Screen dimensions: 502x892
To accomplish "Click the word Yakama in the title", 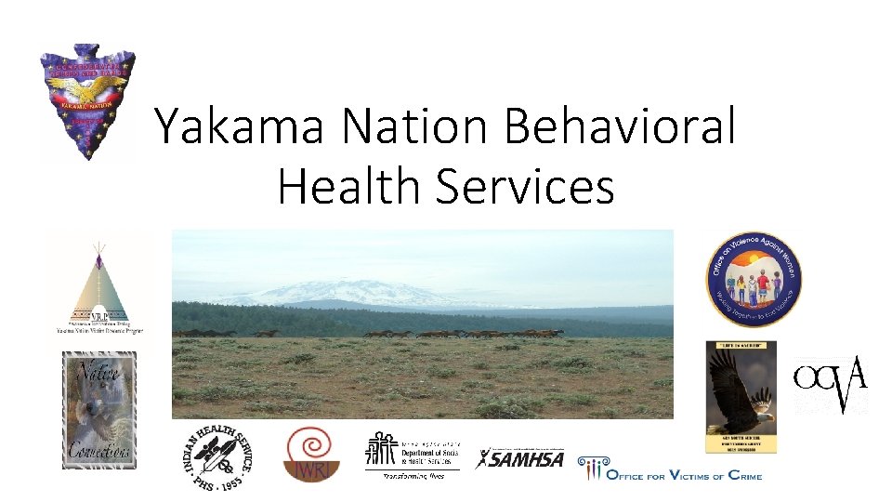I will click(240, 125).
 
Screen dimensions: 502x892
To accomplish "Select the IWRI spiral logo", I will click(312, 454).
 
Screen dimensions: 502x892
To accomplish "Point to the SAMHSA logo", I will click(520, 458).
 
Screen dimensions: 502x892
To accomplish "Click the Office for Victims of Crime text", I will click(683, 472).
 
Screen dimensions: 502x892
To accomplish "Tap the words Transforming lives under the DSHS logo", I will click(413, 476).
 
